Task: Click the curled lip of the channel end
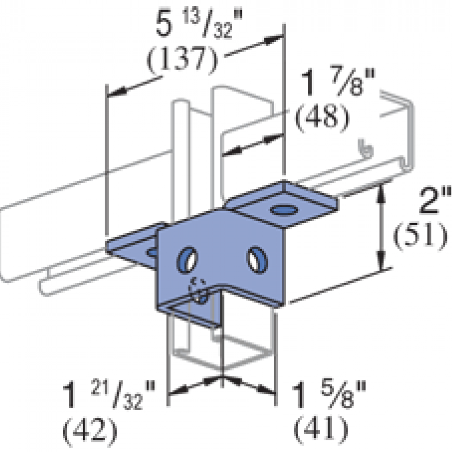coord(365,148)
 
